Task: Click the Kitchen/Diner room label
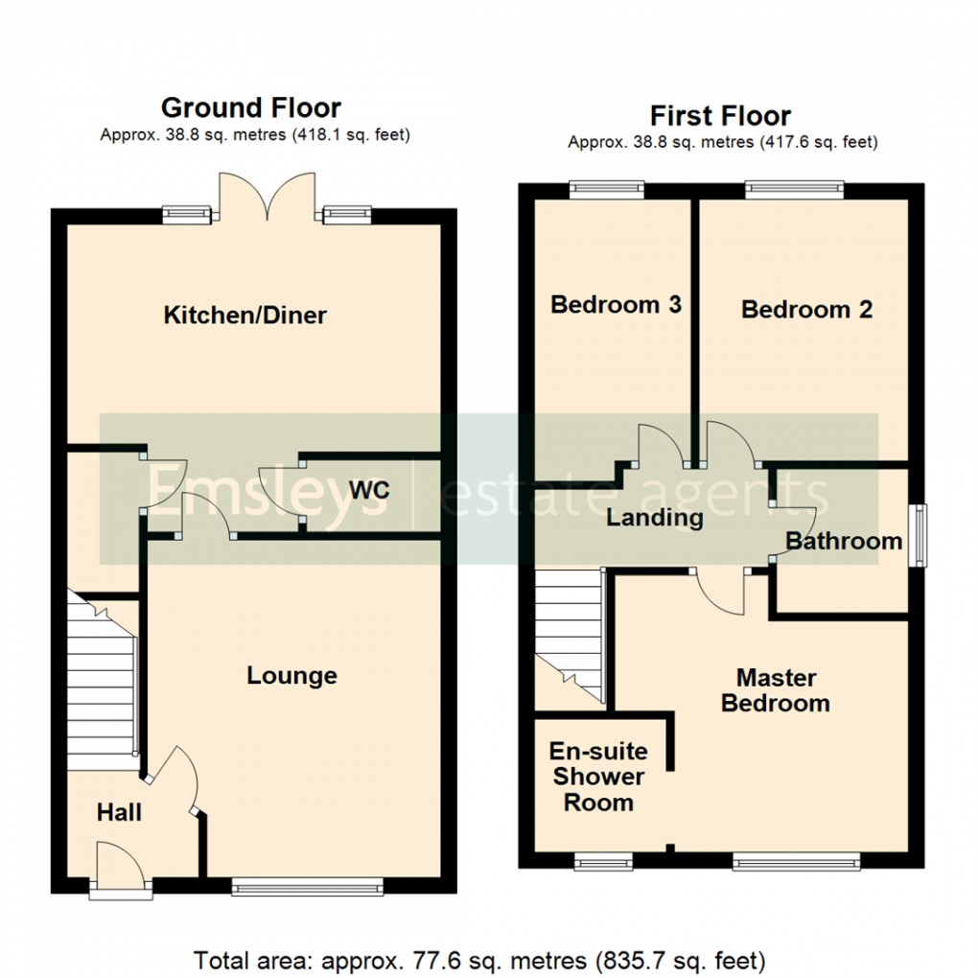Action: (x=245, y=314)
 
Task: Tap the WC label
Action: (x=369, y=490)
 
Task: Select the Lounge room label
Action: (x=291, y=675)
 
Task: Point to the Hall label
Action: (x=119, y=813)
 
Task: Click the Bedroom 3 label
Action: (x=616, y=305)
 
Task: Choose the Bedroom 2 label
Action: (x=806, y=310)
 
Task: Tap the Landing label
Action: (x=655, y=519)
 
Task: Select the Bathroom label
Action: (x=844, y=541)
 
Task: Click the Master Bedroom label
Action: (x=776, y=690)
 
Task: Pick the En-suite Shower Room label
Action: (x=598, y=777)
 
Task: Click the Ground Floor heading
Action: (x=250, y=107)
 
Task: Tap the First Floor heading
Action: (x=720, y=116)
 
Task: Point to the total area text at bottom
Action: (x=479, y=959)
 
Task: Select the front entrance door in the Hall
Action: (x=121, y=868)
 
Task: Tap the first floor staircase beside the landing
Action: (x=570, y=633)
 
